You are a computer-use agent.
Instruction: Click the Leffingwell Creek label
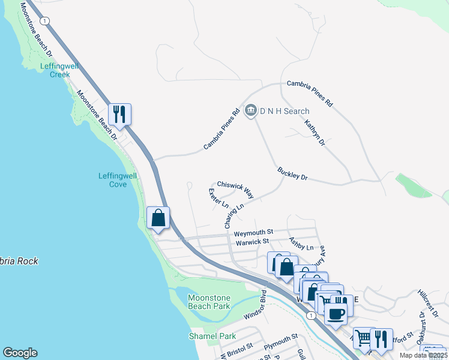click(56, 70)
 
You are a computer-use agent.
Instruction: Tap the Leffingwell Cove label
click(118, 180)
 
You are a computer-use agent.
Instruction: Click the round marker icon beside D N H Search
click(251, 110)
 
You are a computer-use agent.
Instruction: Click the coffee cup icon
click(336, 312)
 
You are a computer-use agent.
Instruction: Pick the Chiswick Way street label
click(235, 190)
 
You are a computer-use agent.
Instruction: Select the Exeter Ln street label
click(218, 198)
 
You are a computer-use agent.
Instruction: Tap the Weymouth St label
click(253, 232)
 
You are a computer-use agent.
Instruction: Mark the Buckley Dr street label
click(292, 174)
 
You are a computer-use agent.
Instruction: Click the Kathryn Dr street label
click(315, 133)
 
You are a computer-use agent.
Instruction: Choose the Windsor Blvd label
click(255, 306)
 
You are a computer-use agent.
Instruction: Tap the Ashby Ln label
click(301, 244)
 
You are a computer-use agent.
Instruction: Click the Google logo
click(20, 353)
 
